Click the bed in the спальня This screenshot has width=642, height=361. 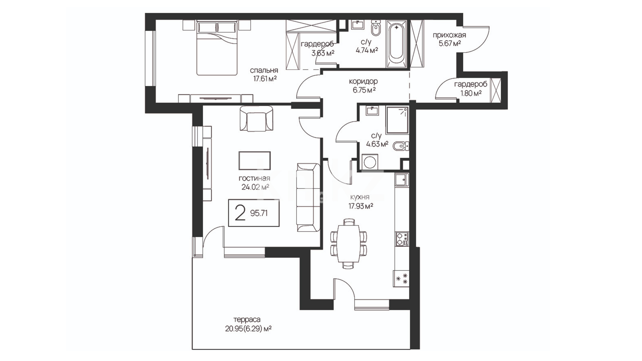pos(217,48)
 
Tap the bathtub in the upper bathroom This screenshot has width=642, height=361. pos(397,44)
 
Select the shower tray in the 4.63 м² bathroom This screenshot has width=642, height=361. pos(397,120)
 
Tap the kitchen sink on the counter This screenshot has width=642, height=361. pos(401,180)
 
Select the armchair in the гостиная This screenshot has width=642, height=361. pos(256,119)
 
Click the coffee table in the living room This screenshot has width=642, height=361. pos(254,161)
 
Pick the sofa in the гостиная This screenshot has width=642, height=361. pos(308,197)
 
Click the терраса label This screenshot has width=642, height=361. pos(247,320)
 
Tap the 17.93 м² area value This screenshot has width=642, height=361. pos(361,206)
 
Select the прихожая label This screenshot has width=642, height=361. pos(449,35)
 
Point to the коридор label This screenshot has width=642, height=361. pos(363,81)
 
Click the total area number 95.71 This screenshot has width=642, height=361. pos(259,213)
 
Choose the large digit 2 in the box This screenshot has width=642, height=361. pos(240,213)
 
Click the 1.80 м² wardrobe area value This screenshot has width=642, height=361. pos(471,93)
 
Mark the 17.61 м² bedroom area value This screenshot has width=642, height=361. pos(265,79)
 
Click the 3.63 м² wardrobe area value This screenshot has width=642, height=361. pos(323,53)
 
